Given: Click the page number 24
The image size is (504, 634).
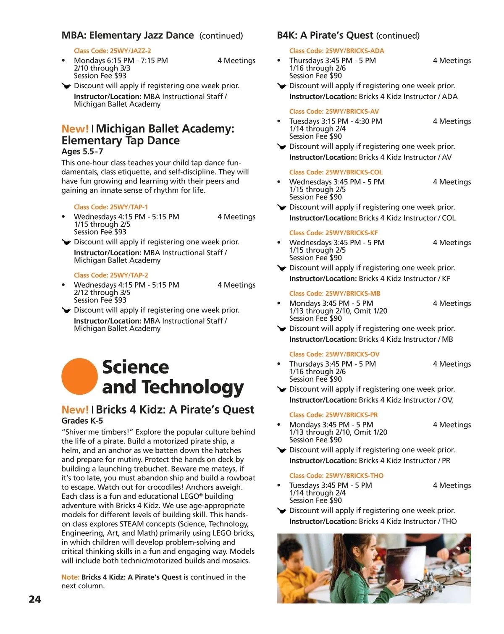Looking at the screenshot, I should [35, 599].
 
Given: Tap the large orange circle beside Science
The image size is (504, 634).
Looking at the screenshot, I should [79, 376].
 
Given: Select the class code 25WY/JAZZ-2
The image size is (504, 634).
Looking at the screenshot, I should [112, 51].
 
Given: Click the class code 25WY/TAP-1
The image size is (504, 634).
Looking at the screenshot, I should [110, 207].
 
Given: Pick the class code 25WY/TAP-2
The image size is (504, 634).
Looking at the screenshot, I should [110, 275].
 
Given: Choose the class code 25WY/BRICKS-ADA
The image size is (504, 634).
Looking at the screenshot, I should [336, 51].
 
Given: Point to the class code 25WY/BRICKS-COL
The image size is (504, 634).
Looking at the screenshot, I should [336, 172].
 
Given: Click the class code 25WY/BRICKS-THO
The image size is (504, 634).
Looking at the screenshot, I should [336, 475].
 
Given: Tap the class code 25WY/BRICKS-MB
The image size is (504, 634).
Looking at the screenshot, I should [335, 293].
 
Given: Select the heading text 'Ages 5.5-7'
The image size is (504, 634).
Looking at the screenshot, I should [82, 152].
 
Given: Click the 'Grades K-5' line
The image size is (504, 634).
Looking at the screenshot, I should [82, 421].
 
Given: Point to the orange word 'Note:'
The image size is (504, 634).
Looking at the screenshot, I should [70, 577].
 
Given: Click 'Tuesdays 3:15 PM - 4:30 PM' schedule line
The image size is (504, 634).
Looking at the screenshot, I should [336, 121].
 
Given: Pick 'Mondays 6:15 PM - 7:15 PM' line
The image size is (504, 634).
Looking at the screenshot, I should [121, 60].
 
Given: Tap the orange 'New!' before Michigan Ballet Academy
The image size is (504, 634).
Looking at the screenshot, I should [75, 129].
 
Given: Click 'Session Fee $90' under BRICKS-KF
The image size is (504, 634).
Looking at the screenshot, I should [315, 258].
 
